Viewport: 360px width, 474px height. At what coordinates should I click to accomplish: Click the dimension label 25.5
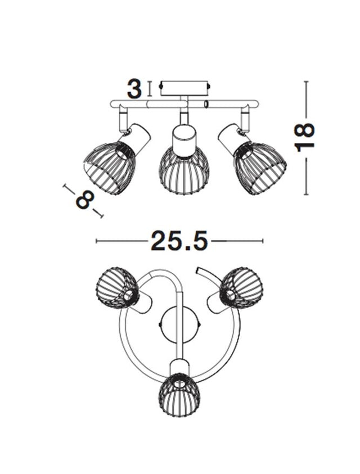click(179, 241)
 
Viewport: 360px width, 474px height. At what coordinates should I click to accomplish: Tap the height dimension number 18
click(304, 137)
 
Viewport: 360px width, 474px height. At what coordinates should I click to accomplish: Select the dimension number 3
click(134, 89)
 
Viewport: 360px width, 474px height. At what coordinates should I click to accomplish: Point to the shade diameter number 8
click(85, 200)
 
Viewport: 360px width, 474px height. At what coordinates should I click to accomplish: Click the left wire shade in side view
click(110, 168)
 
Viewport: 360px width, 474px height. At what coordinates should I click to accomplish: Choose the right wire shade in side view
click(260, 168)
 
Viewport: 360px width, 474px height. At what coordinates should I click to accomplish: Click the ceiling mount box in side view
click(184, 88)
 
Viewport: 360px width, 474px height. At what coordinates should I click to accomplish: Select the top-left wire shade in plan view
click(118, 287)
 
